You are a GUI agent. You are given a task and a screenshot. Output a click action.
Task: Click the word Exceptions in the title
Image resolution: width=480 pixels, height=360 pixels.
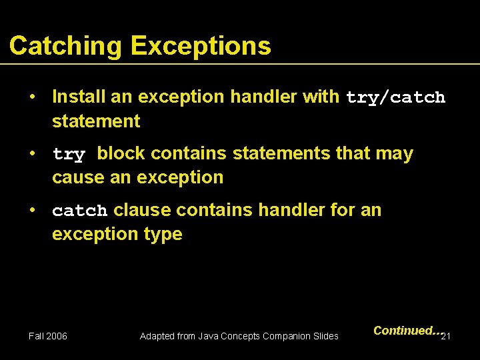[201, 46]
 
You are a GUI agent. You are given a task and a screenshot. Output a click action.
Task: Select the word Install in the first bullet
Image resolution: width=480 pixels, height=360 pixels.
[79, 97]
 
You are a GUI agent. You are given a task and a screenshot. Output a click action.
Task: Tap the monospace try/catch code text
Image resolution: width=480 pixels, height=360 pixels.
[395, 97]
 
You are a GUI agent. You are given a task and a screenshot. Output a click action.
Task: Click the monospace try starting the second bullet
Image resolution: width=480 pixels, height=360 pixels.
[69, 155]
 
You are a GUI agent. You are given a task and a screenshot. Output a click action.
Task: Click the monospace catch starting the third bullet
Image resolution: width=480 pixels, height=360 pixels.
[79, 211]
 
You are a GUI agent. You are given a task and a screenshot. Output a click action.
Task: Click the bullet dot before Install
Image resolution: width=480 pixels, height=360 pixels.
[32, 97]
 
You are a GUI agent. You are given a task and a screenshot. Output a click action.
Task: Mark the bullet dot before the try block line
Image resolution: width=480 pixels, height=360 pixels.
[32, 153]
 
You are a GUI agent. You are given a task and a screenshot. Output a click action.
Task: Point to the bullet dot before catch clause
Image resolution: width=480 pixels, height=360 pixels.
[32, 210]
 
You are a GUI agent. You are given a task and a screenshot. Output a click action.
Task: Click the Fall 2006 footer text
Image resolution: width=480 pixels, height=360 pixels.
[48, 336]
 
